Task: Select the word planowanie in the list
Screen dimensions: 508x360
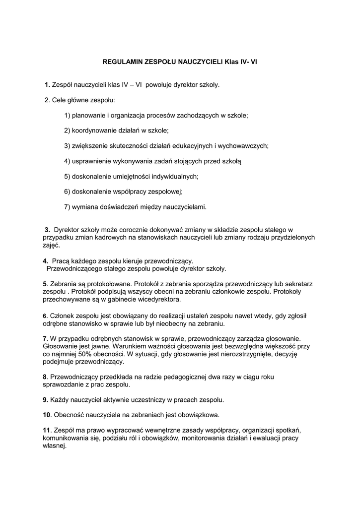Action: (88, 116)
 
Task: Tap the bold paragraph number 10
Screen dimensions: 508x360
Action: (47, 415)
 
